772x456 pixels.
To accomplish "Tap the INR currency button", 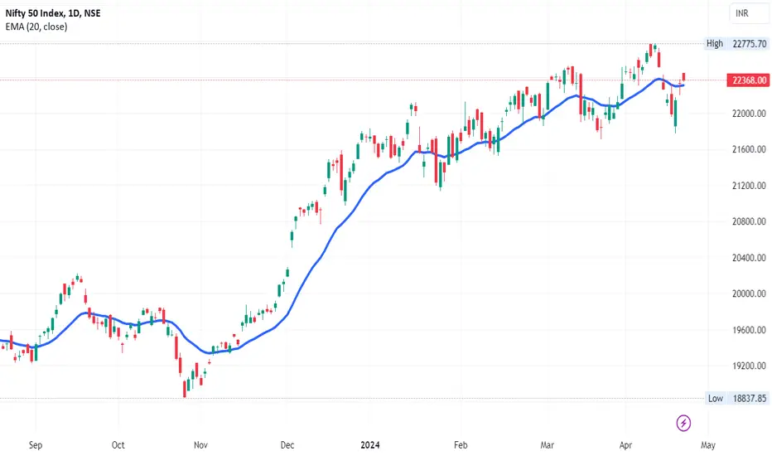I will (743, 13).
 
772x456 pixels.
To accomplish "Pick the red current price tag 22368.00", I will (749, 80).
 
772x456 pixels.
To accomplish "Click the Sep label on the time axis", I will (36, 444).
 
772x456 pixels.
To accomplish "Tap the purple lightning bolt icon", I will (684, 423).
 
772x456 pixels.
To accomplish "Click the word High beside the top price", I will (715, 43).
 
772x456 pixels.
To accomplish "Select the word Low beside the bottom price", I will (715, 398).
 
